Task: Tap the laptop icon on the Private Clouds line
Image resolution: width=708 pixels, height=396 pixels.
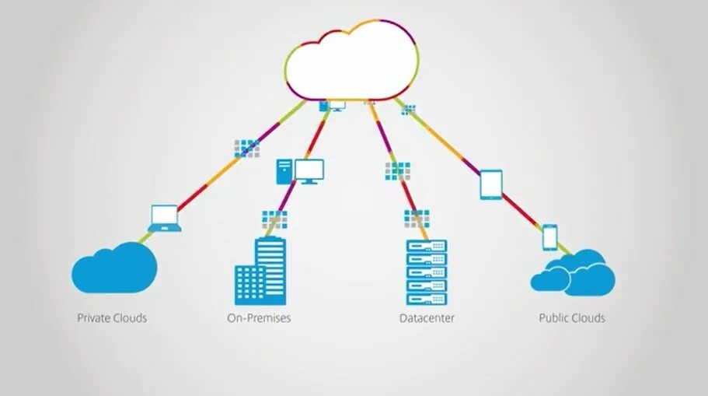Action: (165, 219)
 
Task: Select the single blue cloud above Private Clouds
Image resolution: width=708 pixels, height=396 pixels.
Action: (114, 267)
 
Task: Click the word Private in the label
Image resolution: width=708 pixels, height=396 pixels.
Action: (94, 318)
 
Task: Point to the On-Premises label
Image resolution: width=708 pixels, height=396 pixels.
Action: (259, 318)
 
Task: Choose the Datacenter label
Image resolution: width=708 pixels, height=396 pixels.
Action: (427, 318)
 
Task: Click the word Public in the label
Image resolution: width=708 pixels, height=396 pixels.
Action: (554, 318)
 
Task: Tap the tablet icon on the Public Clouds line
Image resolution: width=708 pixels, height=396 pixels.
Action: (491, 184)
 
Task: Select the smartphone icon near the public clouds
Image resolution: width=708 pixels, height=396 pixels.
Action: (549, 237)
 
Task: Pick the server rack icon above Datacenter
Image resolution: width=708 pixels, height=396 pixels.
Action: (427, 272)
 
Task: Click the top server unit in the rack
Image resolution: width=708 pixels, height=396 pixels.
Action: (427, 246)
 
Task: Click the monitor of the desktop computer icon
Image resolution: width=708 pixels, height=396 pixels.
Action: (309, 170)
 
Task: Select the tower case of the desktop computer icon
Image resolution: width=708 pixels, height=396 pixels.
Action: (284, 171)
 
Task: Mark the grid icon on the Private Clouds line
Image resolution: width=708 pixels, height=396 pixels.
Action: (247, 147)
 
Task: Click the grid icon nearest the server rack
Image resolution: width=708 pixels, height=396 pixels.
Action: (417, 219)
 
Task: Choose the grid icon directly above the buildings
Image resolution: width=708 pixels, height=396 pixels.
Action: (274, 219)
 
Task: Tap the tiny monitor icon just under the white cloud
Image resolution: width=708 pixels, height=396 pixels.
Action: (337, 105)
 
